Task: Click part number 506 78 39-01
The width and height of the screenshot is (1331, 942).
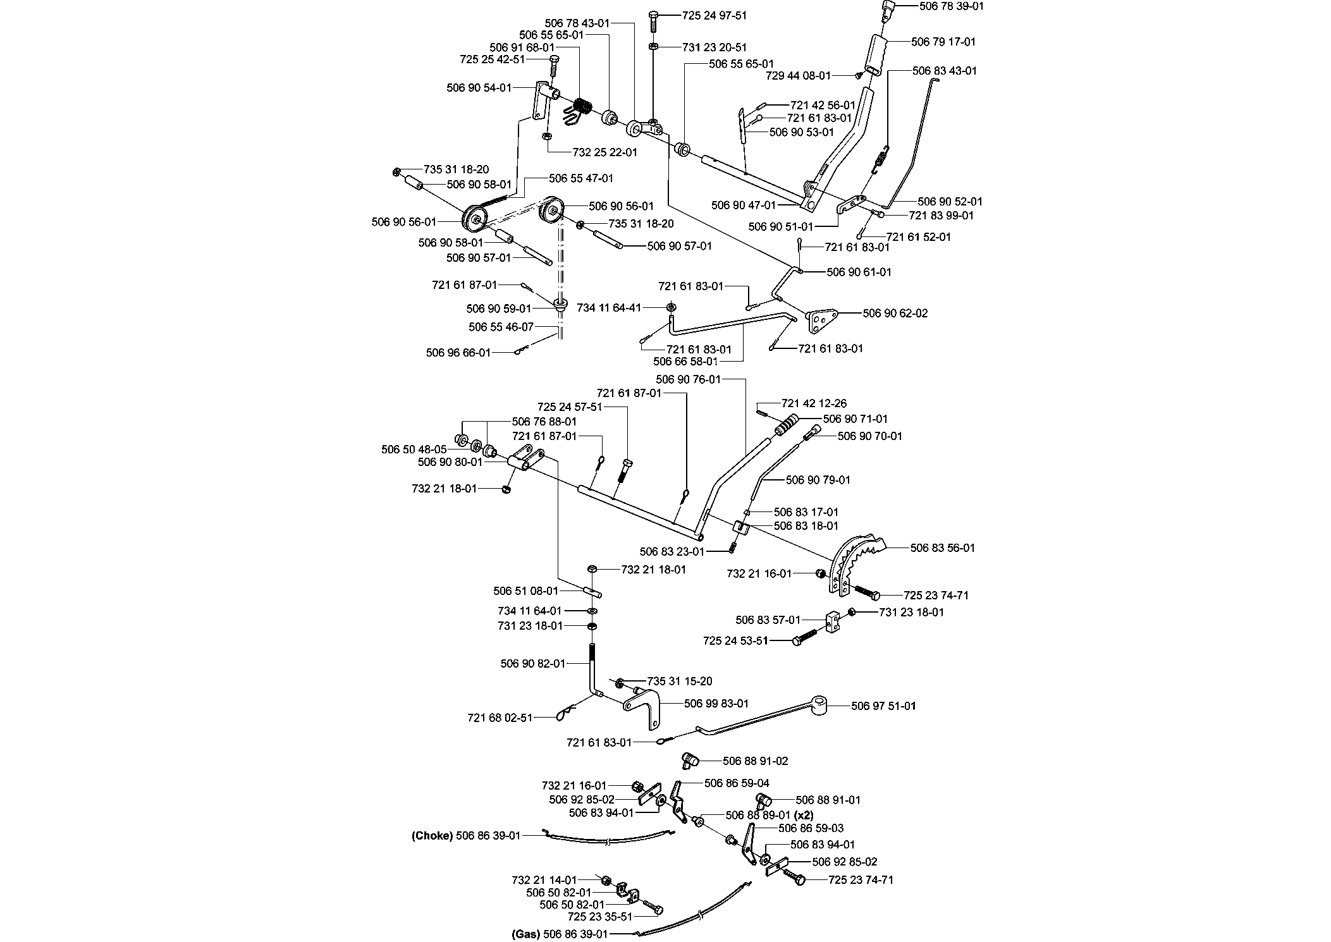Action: click(951, 6)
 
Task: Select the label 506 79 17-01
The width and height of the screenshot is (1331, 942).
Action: click(943, 42)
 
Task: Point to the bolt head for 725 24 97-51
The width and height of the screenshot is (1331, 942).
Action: click(654, 15)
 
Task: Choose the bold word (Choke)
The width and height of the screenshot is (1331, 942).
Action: click(432, 835)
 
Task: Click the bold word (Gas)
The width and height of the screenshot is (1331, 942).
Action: click(526, 934)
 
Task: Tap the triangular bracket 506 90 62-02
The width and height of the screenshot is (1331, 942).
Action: click(822, 320)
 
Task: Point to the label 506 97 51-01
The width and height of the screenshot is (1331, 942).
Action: click(883, 706)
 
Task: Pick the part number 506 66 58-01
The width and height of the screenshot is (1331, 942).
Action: click(685, 361)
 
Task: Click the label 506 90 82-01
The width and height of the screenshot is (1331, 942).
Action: click(532, 663)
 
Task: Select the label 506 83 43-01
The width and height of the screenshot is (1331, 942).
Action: click(945, 71)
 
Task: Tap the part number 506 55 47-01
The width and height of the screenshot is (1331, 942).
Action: click(581, 178)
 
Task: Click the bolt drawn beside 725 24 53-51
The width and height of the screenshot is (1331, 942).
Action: click(808, 636)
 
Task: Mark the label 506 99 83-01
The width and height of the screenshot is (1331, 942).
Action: click(716, 703)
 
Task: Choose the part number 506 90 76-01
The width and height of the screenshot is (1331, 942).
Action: click(688, 379)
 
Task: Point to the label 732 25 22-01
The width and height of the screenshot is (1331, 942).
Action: click(604, 152)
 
